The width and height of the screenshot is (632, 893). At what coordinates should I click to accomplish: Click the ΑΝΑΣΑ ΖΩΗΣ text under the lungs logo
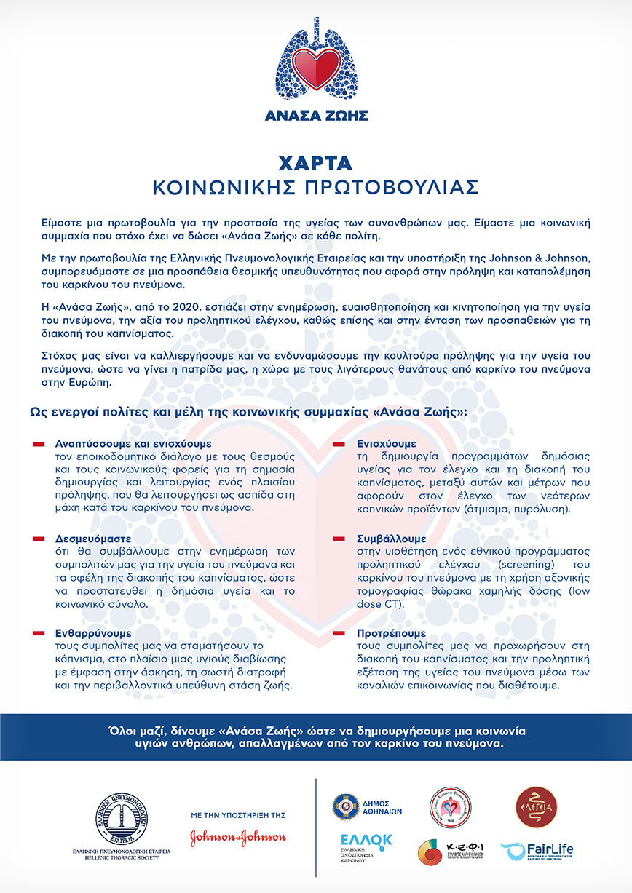tap(316, 115)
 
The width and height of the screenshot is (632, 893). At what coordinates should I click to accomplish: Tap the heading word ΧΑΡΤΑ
tap(316, 161)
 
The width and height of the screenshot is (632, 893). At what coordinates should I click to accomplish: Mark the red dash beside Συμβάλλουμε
tap(339, 539)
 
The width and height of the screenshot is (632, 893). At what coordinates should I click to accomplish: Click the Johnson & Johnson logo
tap(238, 838)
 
